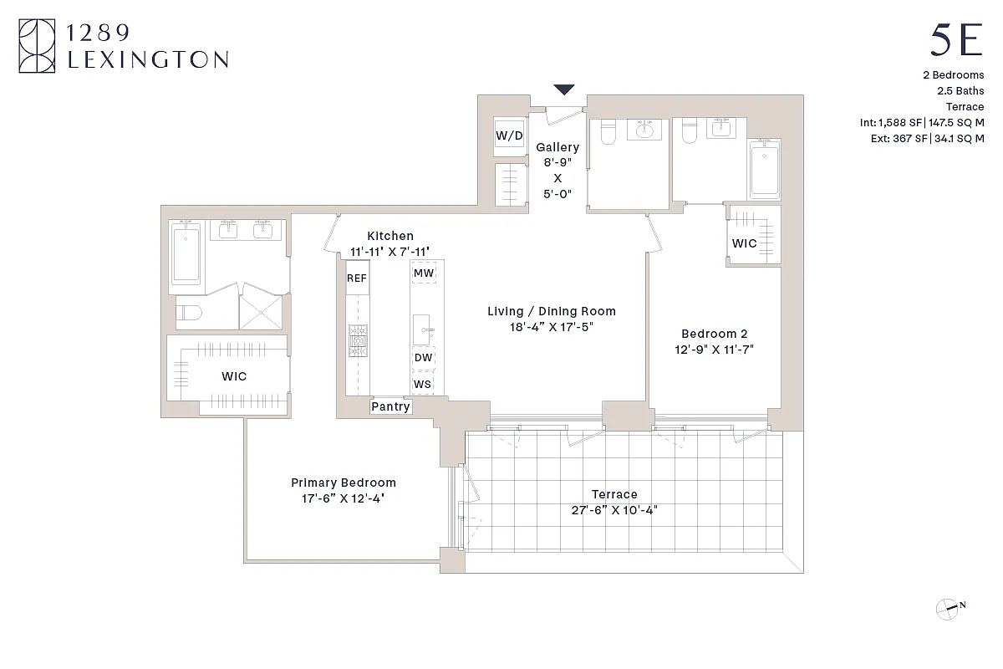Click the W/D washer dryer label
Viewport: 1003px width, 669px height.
click(x=509, y=135)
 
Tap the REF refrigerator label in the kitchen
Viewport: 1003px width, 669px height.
click(x=357, y=278)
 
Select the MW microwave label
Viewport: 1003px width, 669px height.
click(x=424, y=273)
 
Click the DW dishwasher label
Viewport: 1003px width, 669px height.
click(x=424, y=358)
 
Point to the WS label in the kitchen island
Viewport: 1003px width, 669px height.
click(x=424, y=384)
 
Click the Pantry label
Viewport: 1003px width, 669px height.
click(x=390, y=406)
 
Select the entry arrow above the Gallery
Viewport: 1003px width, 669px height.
click(x=565, y=89)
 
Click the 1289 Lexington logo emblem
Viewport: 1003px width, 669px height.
click(x=37, y=47)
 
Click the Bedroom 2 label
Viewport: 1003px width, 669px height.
click(x=714, y=333)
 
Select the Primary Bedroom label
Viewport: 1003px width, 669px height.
click(x=343, y=483)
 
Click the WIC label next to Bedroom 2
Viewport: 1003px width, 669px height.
click(x=744, y=243)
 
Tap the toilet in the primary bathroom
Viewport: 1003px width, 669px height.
click(x=191, y=314)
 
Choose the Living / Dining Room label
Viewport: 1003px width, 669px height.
click(x=552, y=311)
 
